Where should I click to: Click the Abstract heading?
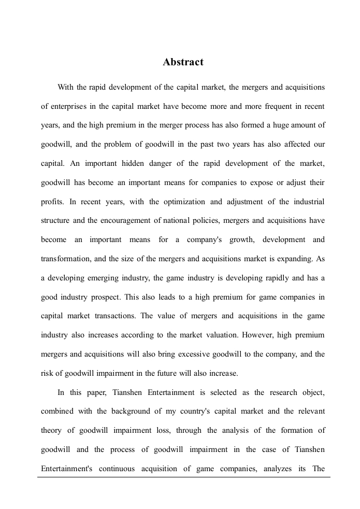[183, 62]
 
